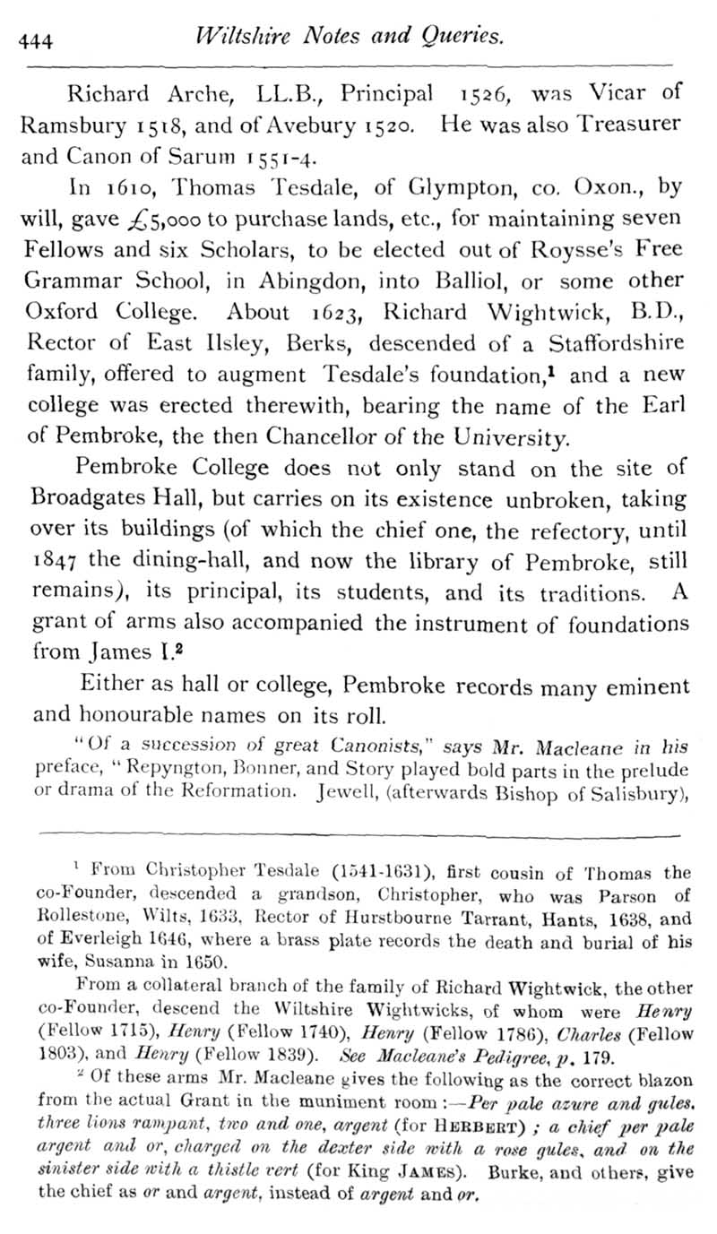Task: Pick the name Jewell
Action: pos(351,790)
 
